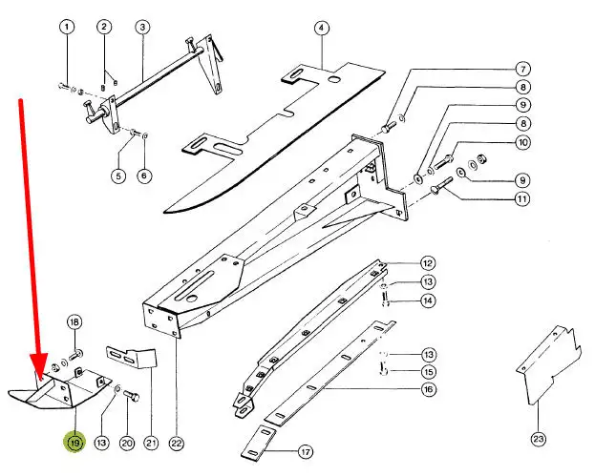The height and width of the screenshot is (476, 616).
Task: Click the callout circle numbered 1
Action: pyautogui.click(x=67, y=27)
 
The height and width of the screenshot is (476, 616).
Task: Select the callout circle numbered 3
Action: pyautogui.click(x=141, y=27)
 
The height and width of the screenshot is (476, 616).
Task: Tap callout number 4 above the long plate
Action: pyautogui.click(x=322, y=27)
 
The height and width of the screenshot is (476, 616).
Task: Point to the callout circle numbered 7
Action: pyautogui.click(x=523, y=69)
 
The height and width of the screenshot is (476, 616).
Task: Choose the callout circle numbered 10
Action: pyautogui.click(x=523, y=142)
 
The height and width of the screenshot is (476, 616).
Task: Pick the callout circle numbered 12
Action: pyautogui.click(x=428, y=263)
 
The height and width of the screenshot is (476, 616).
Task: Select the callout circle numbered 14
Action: pyautogui.click(x=428, y=300)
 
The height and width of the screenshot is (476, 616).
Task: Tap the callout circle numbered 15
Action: pyautogui.click(x=428, y=371)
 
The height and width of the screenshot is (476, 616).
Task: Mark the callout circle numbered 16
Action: pyautogui.click(x=428, y=390)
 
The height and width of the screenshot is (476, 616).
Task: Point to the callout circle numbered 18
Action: pyautogui.click(x=74, y=321)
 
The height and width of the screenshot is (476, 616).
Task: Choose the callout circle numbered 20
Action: pyautogui.click(x=127, y=443)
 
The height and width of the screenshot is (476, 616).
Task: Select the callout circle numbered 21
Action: pyautogui.click(x=151, y=443)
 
